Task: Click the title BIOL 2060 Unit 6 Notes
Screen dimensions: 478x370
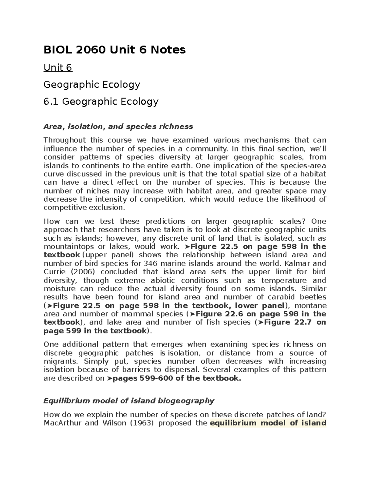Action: coord(114,50)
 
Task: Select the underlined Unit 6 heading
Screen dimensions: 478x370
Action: coord(58,67)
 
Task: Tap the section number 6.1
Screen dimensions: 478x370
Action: coord(51,101)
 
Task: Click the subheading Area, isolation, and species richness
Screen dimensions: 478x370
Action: coord(118,127)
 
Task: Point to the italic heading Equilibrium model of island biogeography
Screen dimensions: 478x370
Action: coord(129,401)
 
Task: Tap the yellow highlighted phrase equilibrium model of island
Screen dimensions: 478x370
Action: coord(268,423)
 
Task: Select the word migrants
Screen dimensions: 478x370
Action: coord(59,361)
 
